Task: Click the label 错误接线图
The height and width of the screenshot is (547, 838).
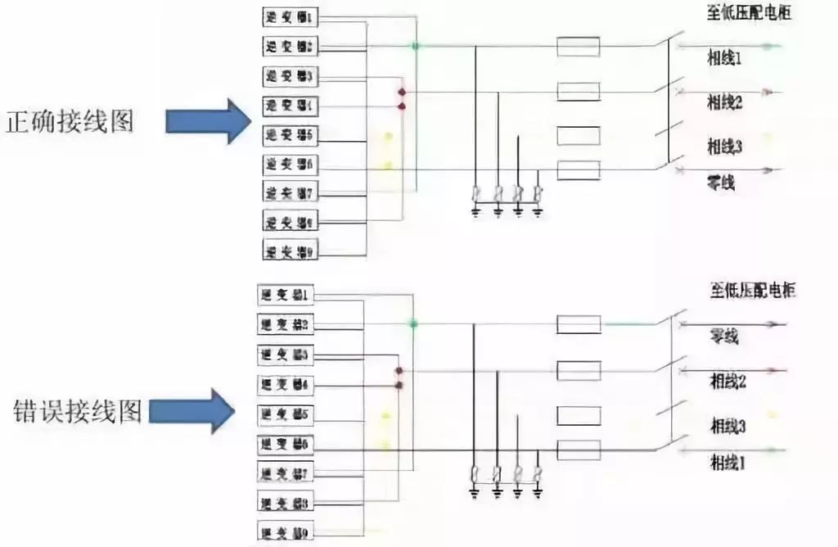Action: point(78,409)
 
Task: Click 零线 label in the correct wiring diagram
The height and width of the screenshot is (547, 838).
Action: point(721,183)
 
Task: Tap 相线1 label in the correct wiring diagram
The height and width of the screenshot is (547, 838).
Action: point(725,59)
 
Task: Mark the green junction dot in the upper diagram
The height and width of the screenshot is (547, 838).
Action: point(416,47)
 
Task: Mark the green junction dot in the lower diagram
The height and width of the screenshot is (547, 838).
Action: point(414,325)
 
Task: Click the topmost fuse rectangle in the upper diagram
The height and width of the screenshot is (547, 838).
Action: point(578,47)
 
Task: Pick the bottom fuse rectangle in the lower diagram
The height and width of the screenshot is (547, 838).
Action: point(578,450)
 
